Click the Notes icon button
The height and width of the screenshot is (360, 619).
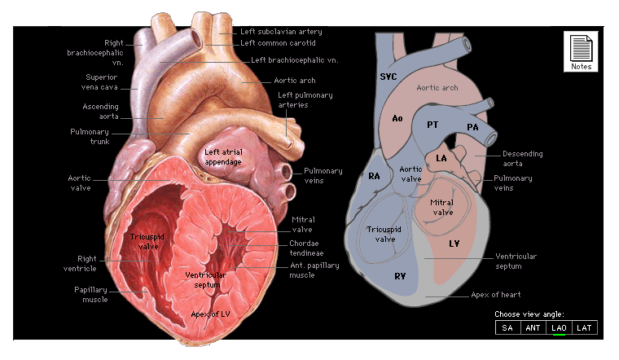point(581,51)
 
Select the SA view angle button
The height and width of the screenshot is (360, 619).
point(507,327)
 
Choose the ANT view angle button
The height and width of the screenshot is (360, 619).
point(533,327)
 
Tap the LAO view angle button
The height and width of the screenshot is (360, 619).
point(559,327)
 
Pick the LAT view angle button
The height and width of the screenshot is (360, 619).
point(583,327)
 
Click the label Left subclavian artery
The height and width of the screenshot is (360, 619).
point(281,31)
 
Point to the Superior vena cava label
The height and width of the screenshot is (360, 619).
point(101,82)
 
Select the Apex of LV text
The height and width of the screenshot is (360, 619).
point(212,314)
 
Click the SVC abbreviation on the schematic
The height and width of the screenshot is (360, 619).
point(389,76)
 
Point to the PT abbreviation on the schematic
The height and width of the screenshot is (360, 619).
point(433,125)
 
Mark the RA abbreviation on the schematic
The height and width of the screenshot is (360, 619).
point(375,176)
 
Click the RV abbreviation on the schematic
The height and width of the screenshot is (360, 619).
point(401,276)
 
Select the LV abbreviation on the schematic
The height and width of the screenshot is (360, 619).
point(454,243)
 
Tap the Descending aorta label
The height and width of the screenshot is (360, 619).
point(522,158)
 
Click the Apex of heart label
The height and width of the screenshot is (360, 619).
point(495,294)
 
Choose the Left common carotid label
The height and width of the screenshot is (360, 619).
point(278,42)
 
